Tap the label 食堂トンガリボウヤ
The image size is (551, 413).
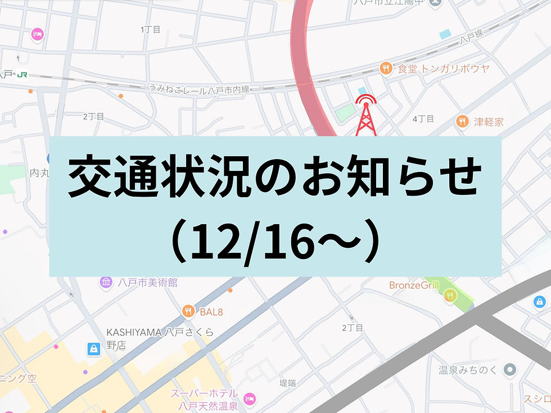pos(443,69)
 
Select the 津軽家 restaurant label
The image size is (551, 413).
pos(489,121)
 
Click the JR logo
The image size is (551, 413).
pos(22,74)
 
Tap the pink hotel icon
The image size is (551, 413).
pos(38,34)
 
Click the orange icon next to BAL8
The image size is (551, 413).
pos(189,310)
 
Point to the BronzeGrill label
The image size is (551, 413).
pos(414,285)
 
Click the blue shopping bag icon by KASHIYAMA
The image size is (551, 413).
pos(93,350)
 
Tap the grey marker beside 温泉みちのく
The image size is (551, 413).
pos(510,370)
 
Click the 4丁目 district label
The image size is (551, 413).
pos(423,119)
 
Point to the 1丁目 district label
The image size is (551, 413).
pos(151,29)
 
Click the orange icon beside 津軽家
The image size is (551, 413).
pos(462,121)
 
